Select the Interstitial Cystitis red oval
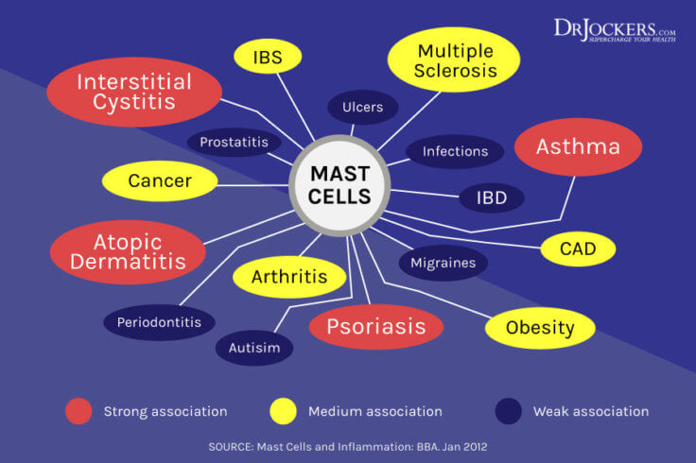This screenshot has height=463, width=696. pos(134,92)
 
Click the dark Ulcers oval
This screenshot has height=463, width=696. pos(363,107)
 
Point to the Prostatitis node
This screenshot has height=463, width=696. pos(234,143)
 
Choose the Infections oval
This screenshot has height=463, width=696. pos(455,151)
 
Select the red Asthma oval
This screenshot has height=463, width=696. pos(578,147)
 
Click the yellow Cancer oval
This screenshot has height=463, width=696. pos(160,180)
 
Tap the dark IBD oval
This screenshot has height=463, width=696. pos(492,198)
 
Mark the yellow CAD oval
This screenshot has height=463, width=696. pos(578,249)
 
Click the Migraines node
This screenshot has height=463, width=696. pos(443,262)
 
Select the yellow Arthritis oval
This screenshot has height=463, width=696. pos(288,277)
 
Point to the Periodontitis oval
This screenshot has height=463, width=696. pos(159,322)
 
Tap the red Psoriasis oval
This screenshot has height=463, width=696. pos(376,327)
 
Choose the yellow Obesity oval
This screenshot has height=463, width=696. pos(540,328)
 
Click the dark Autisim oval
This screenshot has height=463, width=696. pos(254,348)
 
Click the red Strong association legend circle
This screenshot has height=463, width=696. pos(78,411)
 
